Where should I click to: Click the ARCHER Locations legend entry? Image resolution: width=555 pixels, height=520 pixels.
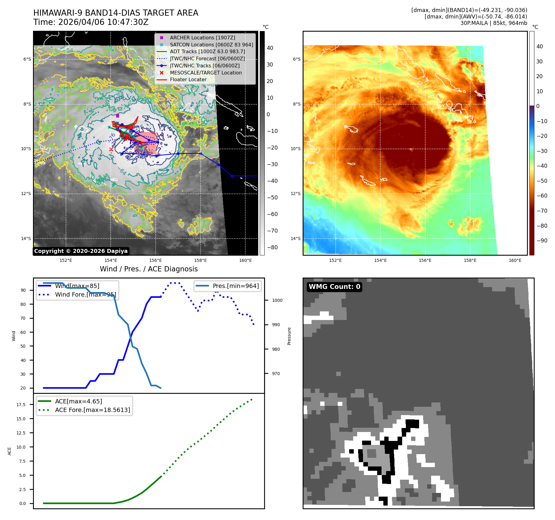tap(202, 38)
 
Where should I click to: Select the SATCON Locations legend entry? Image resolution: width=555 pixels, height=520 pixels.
tap(211, 45)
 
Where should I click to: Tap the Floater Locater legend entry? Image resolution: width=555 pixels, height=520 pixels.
tap(188, 79)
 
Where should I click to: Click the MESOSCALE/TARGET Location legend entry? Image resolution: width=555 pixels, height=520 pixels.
tap(206, 73)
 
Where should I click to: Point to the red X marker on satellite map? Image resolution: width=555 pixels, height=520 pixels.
tap(111, 150)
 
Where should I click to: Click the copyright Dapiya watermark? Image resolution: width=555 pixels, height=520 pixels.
tap(81, 251)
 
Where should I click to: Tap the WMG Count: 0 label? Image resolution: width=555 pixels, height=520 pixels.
tap(334, 287)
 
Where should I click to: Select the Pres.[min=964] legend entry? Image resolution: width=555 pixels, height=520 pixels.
tap(236, 286)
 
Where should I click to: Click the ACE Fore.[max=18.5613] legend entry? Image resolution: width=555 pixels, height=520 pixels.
tap(92, 410)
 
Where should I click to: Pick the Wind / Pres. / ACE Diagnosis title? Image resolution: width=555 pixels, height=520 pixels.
tap(149, 269)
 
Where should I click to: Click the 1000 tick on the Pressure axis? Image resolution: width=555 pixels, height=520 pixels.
tap(277, 300)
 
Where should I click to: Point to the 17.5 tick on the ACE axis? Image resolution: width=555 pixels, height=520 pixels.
tap(21, 405)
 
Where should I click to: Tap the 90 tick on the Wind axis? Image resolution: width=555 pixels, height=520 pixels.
tap(23, 290)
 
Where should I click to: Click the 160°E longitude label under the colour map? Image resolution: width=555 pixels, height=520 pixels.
tap(515, 260)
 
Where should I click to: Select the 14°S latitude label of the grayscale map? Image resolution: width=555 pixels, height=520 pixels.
tap(26, 238)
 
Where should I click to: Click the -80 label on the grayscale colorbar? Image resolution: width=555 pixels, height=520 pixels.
tap(272, 247)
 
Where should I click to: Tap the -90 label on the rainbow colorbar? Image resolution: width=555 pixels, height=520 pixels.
tap(542, 241)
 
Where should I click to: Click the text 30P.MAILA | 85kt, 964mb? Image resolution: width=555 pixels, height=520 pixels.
tap(494, 23)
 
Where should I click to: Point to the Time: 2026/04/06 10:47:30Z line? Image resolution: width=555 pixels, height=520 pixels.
tap(91, 22)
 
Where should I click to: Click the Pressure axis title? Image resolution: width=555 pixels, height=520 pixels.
tap(289, 336)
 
